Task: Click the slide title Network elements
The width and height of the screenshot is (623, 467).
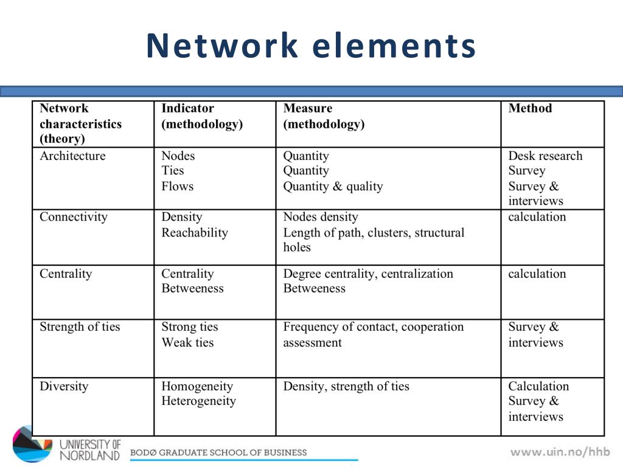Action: (311, 46)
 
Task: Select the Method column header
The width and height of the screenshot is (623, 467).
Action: (530, 109)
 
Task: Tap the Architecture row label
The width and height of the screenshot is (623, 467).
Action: (72, 156)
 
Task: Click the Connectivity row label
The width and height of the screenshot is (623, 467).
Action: (74, 217)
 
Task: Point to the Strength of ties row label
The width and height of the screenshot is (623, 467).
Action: (80, 327)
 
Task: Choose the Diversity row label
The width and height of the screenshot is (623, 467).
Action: (64, 387)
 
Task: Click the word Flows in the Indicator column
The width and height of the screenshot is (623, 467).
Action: (177, 187)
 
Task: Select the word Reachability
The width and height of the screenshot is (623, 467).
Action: (195, 233)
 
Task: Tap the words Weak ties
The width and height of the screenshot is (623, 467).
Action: (187, 343)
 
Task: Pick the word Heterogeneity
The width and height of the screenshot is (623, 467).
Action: (198, 401)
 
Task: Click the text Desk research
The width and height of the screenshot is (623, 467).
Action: (545, 156)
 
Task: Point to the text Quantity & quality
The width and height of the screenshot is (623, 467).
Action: (333, 187)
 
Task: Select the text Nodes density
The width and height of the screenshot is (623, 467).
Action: (321, 217)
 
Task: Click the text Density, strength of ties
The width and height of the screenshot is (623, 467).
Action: (346, 387)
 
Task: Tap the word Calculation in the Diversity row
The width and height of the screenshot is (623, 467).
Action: (538, 387)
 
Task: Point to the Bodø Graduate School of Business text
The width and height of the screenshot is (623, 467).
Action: (218, 452)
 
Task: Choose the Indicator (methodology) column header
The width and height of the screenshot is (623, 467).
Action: (202, 116)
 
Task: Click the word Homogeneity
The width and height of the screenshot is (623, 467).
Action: (197, 387)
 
